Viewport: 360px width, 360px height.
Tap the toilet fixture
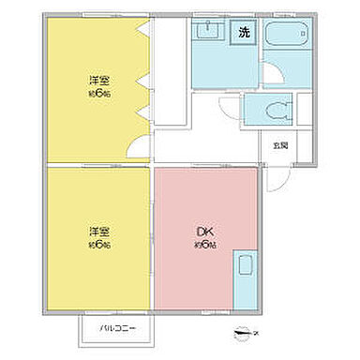(x=277, y=109)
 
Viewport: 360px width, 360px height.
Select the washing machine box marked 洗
(x=245, y=34)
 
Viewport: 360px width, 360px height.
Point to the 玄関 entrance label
(x=280, y=145)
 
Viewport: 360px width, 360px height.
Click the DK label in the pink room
(x=202, y=232)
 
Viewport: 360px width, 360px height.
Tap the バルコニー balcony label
(x=119, y=328)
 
